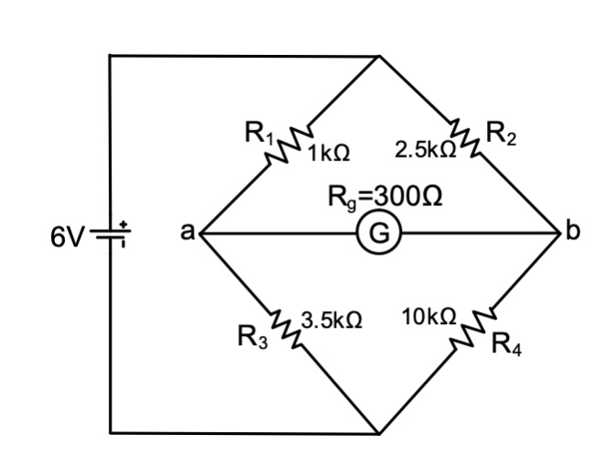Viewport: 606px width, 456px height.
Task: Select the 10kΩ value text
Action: pos(428,317)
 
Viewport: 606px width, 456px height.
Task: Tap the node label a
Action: pos(185,233)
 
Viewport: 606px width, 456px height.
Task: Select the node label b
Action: pos(573,233)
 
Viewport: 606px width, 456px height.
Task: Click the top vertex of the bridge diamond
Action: pos(380,56)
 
